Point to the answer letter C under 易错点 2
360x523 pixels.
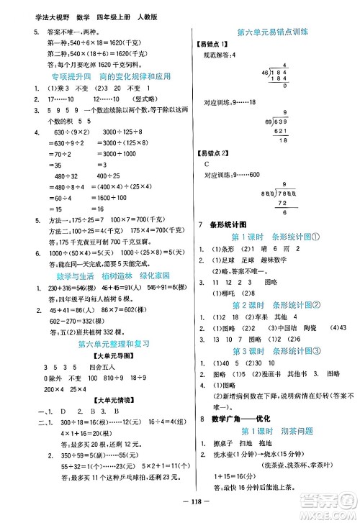[x=207, y=163]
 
